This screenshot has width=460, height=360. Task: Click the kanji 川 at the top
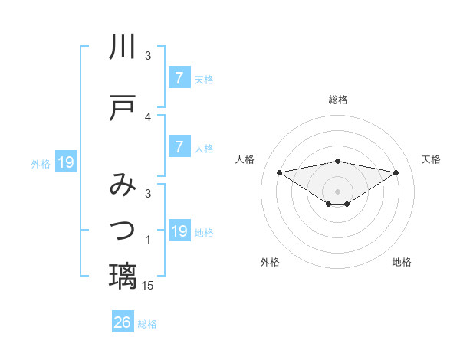coord(123,47)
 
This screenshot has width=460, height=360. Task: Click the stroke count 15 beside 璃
coord(148,286)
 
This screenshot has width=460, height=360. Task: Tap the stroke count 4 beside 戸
coord(148,117)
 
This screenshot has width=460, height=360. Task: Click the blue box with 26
coord(122,322)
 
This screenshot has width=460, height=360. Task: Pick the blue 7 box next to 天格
coord(179,77)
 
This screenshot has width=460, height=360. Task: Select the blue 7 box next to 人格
coord(179,147)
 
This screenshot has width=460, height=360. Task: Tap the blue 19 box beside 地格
coord(179,231)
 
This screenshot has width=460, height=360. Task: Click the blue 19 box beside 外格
coord(65,162)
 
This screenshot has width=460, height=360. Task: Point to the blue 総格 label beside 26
coord(147,324)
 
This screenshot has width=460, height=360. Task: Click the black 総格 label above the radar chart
coord(338,100)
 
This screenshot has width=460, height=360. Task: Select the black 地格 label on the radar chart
coord(402,262)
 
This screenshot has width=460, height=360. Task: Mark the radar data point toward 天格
coord(396,172)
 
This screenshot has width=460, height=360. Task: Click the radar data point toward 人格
coord(279,172)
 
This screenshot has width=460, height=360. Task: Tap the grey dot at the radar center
coord(338,191)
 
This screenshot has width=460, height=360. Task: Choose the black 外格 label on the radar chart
coord(270,262)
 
